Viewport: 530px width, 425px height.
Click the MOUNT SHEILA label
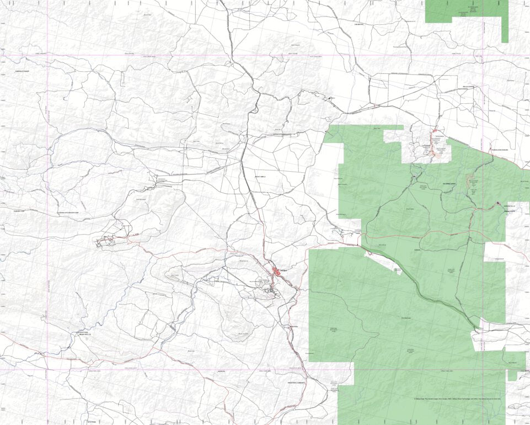click(259, 177)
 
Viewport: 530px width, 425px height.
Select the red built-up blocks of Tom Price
click(275, 271)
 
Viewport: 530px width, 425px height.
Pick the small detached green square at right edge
click(512, 375)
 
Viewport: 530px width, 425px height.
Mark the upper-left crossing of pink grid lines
click(47, 55)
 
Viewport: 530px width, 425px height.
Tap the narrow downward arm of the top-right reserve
click(505, 30)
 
